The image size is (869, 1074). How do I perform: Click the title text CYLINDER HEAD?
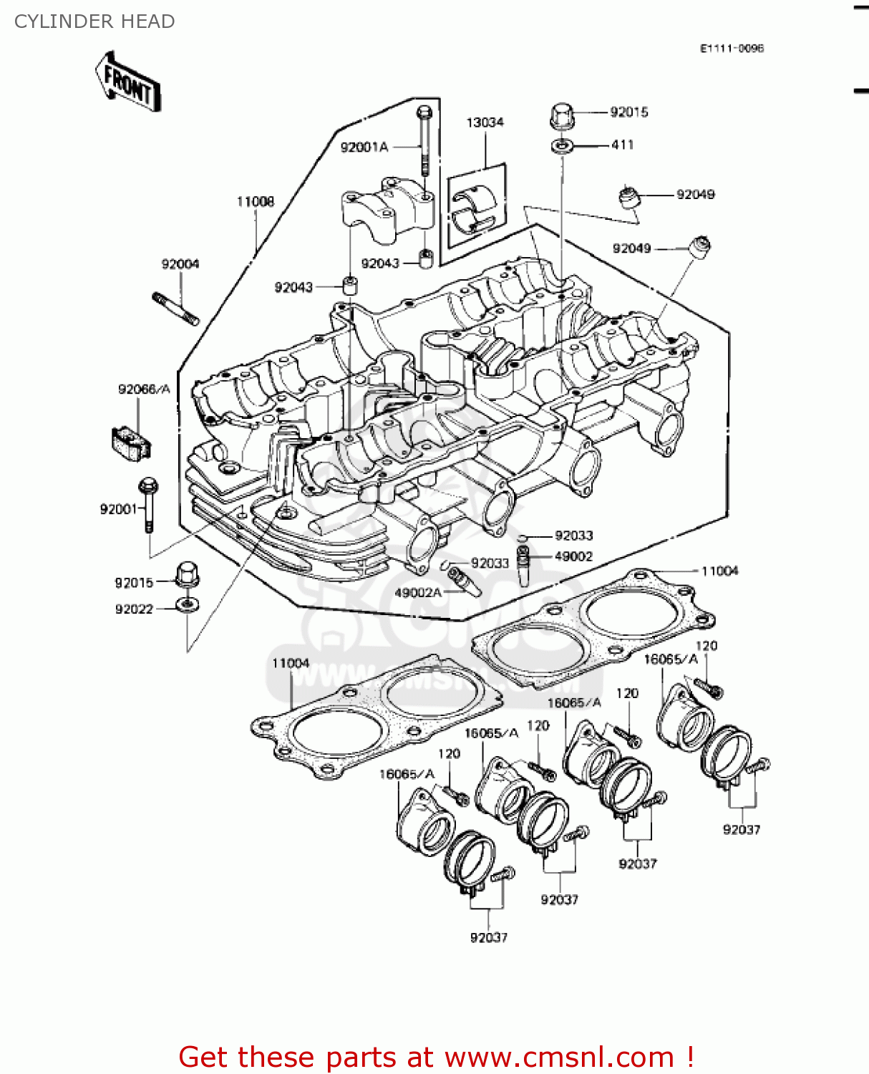[94, 21]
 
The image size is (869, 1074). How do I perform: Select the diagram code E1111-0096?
[732, 49]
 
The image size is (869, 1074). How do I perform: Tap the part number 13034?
[485, 122]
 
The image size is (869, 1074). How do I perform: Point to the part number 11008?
[256, 202]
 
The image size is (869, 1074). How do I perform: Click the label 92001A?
[364, 147]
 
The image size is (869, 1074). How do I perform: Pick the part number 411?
[623, 145]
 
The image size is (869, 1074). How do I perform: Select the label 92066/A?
[144, 390]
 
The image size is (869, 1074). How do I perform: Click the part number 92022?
[135, 609]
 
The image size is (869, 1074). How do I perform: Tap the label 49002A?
[419, 593]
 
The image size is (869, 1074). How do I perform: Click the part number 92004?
[180, 264]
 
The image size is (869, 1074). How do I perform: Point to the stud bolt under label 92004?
[175, 309]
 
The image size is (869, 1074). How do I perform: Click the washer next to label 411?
[563, 147]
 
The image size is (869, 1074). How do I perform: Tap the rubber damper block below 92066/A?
[132, 442]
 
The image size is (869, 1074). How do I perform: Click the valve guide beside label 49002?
[525, 565]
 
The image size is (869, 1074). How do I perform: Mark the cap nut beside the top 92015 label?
[563, 116]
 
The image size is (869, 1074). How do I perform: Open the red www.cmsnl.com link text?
[559, 1057]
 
